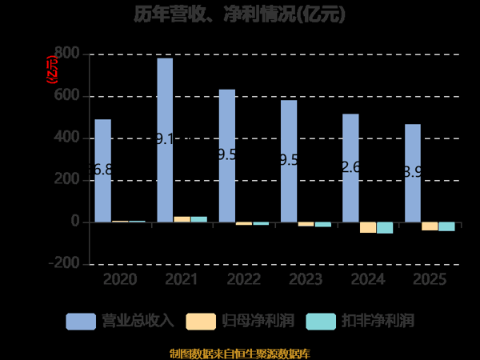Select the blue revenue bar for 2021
165,140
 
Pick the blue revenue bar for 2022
227,155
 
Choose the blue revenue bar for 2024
351,168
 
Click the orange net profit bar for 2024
368,227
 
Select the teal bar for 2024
385,228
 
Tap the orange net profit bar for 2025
430,226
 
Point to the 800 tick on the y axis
68,54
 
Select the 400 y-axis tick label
68,138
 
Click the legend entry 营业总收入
120,322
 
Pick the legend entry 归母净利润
240,322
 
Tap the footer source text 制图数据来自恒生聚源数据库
240,353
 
